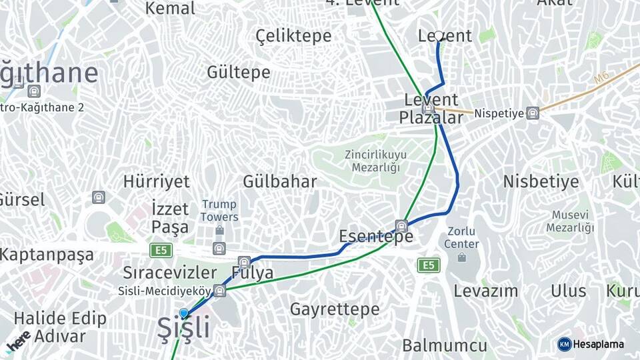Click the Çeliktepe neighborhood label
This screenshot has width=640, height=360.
click(293, 36)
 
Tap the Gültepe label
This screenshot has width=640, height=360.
click(239, 72)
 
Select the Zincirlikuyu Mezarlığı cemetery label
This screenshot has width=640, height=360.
click(376, 161)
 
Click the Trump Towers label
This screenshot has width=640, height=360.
click(219, 211)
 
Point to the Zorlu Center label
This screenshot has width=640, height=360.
click(461, 237)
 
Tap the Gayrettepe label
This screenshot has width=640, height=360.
click(335, 309)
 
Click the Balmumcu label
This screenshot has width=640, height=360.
click(444, 345)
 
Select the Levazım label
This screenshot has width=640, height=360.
click(486, 291)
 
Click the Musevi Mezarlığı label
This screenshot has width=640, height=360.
click(570, 221)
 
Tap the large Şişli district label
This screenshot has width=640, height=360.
click(183, 328)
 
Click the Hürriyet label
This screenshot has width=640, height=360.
click(157, 181)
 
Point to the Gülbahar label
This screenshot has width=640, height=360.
click(279, 181)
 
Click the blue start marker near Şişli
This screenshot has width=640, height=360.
click(184, 313)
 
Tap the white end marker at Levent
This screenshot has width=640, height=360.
click(439, 37)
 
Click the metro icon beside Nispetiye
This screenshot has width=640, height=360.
click(532, 113)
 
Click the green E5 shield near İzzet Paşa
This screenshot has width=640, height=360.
click(161, 250)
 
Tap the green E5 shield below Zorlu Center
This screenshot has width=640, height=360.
click(429, 265)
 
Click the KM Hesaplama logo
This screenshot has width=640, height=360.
click(591, 344)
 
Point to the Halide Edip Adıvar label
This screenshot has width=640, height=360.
click(60, 327)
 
